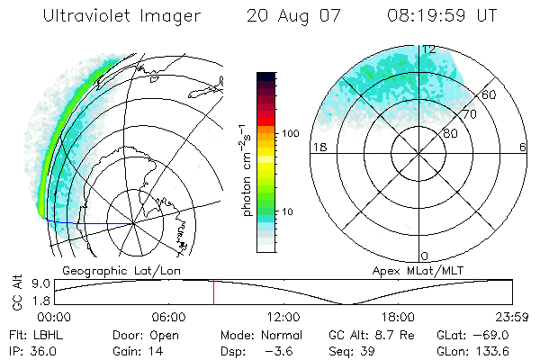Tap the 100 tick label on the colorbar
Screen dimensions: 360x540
pos(290,132)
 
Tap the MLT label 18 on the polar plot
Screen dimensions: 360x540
pos(318,147)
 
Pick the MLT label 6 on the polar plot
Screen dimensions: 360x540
pos(522,147)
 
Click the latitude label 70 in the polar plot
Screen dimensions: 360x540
pos(469,114)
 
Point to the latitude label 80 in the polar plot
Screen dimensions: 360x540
pos(450,133)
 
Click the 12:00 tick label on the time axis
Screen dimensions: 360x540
pos(283,317)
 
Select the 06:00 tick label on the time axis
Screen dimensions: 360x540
pos(168,317)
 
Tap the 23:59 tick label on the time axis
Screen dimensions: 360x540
pos(510,317)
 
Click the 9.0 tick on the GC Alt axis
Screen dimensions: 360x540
pos(39,282)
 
